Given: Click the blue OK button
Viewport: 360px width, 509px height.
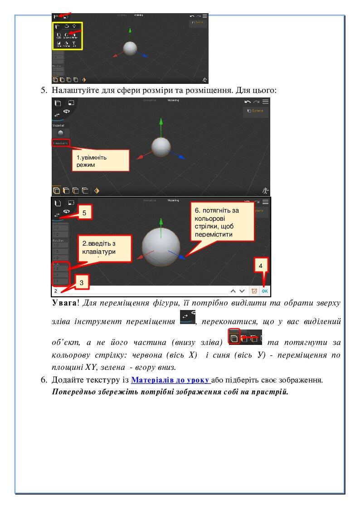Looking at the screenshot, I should click(x=265, y=291).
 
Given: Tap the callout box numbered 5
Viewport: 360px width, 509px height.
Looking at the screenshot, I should click(x=84, y=212).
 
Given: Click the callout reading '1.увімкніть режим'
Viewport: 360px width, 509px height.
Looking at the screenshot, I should click(x=100, y=161).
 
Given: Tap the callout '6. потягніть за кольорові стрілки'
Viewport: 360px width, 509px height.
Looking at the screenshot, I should click(x=222, y=222).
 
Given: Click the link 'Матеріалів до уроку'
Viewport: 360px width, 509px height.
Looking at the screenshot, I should click(x=170, y=380).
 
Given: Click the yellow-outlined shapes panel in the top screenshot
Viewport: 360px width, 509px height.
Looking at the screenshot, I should click(x=68, y=36).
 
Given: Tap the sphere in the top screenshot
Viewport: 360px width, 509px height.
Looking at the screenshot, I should click(x=130, y=48).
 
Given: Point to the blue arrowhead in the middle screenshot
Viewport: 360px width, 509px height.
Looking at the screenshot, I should click(x=182, y=157).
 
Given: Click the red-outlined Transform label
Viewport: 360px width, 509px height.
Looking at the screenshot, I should click(x=60, y=143).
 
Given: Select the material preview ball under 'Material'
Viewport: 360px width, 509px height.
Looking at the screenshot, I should click(x=60, y=132).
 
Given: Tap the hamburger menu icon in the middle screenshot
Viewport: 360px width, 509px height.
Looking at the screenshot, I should click(x=266, y=102).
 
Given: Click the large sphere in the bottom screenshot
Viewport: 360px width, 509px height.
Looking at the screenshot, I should click(x=161, y=247).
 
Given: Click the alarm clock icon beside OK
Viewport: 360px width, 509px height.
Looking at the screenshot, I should click(x=254, y=291).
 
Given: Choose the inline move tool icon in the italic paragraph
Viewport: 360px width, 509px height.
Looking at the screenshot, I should click(x=187, y=317).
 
